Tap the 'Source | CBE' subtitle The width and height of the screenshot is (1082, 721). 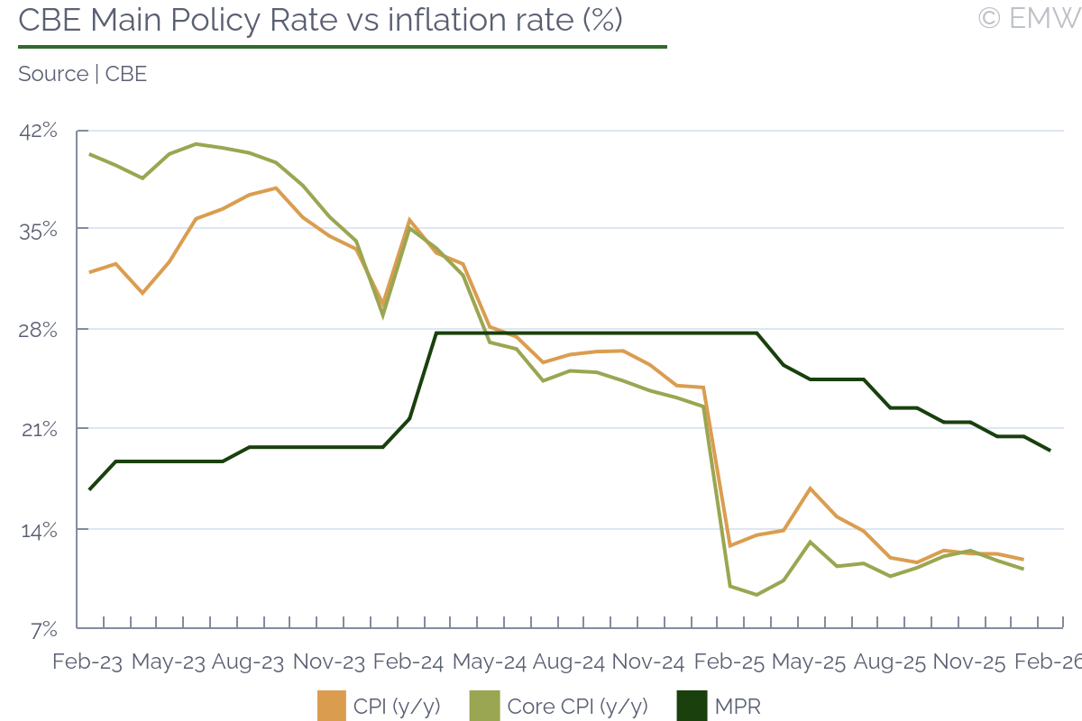coord(82,74)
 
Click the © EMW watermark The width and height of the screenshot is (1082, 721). coord(1029,18)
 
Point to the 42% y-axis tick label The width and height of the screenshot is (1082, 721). coord(38,132)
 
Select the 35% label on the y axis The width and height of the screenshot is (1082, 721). coord(38,230)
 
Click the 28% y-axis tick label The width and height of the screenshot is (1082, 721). coord(38,330)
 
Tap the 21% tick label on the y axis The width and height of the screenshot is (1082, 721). coord(38,430)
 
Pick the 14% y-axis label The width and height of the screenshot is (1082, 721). coord(38,530)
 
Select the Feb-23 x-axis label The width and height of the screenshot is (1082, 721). coord(87,662)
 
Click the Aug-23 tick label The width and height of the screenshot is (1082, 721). coord(247,662)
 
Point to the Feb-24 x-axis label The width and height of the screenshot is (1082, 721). coord(408,662)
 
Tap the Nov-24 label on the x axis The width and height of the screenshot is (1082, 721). coord(648,662)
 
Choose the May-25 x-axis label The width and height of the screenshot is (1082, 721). coord(809,662)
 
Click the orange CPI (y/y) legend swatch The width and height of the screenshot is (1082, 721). coord(332,706)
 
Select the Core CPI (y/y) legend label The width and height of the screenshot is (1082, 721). coord(577,706)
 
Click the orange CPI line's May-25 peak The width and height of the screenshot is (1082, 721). coord(811,488)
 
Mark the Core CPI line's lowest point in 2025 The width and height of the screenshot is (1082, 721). coord(756,595)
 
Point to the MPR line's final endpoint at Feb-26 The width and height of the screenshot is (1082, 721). coord(1050,450)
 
